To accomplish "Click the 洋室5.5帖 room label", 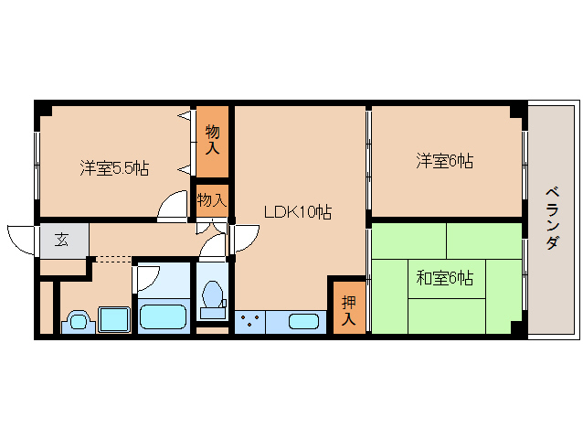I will point(114,168).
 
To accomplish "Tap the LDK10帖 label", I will point(297,212).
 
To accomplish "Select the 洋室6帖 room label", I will point(444,162).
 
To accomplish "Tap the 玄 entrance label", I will point(62,241).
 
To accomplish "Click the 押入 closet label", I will point(348,310).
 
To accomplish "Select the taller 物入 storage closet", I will point(212,138).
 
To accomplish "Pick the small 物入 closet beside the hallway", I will point(212,198).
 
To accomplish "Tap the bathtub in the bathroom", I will point(163,317).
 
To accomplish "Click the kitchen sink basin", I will point(305,322).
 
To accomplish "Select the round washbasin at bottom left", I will point(77,321).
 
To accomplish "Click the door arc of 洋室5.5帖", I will point(172,209).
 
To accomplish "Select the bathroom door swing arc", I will point(148,278).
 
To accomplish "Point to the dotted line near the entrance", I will point(113,261).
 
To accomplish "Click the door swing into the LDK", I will point(245,237).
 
